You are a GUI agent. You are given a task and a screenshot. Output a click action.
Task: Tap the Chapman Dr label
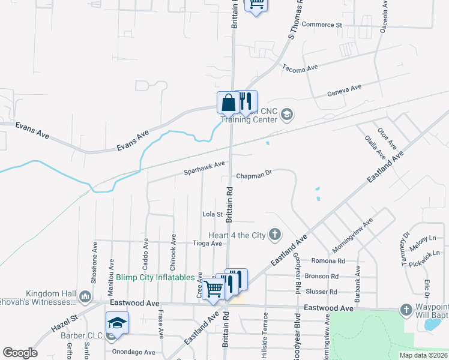[x=254, y=176]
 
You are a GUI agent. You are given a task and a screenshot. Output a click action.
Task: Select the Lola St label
[x=213, y=214]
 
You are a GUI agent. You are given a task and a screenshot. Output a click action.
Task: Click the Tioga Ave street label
[x=207, y=244]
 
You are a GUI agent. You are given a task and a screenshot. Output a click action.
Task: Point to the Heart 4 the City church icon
[x=275, y=234]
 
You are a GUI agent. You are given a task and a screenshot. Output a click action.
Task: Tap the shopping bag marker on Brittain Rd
[x=228, y=103]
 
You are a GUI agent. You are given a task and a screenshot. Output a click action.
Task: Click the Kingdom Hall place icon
[x=85, y=295]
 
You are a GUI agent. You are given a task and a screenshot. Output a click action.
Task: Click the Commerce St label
[x=321, y=25]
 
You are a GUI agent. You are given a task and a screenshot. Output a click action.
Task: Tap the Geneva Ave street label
[x=344, y=91]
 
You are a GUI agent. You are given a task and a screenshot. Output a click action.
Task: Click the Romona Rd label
[x=328, y=261]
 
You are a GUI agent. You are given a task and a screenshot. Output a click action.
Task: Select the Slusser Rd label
[x=325, y=292]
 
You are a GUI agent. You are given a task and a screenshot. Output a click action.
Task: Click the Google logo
[x=20, y=353]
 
